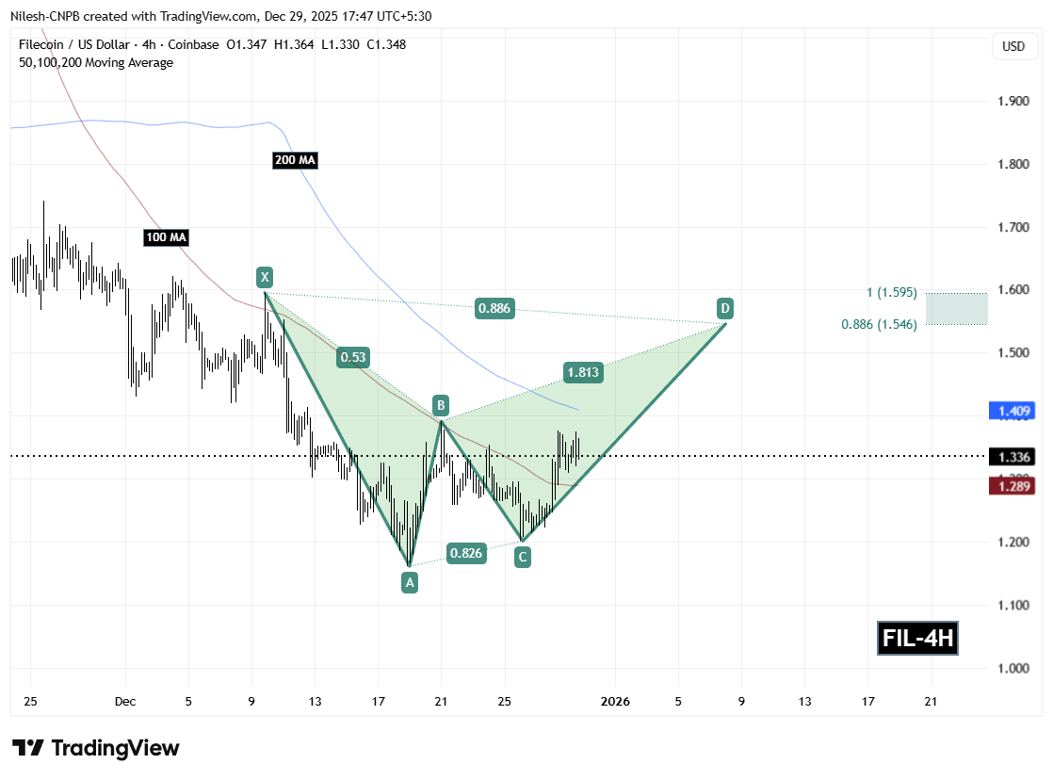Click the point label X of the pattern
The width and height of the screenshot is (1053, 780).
tap(265, 277)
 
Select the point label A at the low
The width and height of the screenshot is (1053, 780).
tap(409, 582)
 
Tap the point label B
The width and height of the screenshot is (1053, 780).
tap(440, 406)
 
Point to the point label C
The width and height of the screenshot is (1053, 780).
tap(522, 558)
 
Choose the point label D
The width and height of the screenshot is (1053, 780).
tap(725, 308)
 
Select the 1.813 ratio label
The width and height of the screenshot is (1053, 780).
tap(583, 372)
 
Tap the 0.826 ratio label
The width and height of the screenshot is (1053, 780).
tap(466, 553)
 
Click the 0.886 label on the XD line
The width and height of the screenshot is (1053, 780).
tap(495, 308)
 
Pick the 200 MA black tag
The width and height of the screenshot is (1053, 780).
tap(295, 161)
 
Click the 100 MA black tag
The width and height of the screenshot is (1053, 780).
tap(166, 237)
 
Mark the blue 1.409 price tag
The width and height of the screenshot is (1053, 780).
tap(1012, 411)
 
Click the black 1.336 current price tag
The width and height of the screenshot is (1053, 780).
tap(1012, 457)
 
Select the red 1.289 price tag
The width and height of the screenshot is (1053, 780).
tap(1012, 486)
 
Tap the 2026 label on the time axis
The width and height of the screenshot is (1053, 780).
tap(615, 701)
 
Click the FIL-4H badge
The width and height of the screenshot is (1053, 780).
tap(917, 640)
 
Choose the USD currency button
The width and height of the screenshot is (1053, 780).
tap(1013, 46)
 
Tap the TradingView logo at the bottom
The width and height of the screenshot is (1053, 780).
tap(96, 749)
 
